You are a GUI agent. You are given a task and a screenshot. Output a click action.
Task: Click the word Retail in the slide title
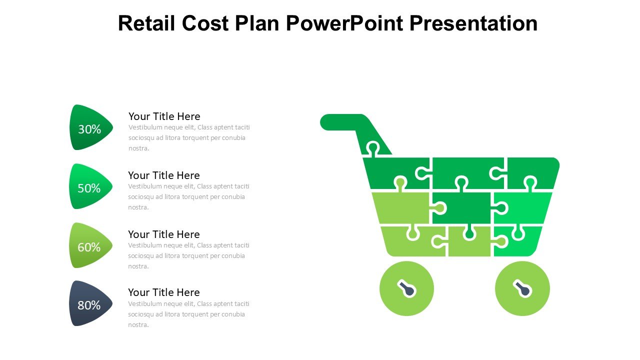tap(146, 23)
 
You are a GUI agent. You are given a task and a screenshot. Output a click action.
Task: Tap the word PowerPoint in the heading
tap(345, 23)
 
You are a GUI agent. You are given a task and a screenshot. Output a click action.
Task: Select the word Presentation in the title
tap(473, 23)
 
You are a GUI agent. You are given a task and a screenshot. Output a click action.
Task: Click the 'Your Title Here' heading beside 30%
tap(164, 116)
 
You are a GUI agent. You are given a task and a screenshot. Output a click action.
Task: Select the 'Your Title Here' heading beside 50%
tap(163, 175)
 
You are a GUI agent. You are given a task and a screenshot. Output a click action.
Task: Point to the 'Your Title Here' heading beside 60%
tap(163, 234)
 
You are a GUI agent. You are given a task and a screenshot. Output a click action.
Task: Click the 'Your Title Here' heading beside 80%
tap(163, 292)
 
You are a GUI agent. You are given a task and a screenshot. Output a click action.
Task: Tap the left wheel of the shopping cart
tap(406, 288)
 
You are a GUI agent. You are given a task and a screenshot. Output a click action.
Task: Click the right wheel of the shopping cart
tap(522, 288)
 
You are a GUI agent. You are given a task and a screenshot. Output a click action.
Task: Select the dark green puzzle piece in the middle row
tap(461, 207)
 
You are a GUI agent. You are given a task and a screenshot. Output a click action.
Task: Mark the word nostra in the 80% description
tap(138, 325)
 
